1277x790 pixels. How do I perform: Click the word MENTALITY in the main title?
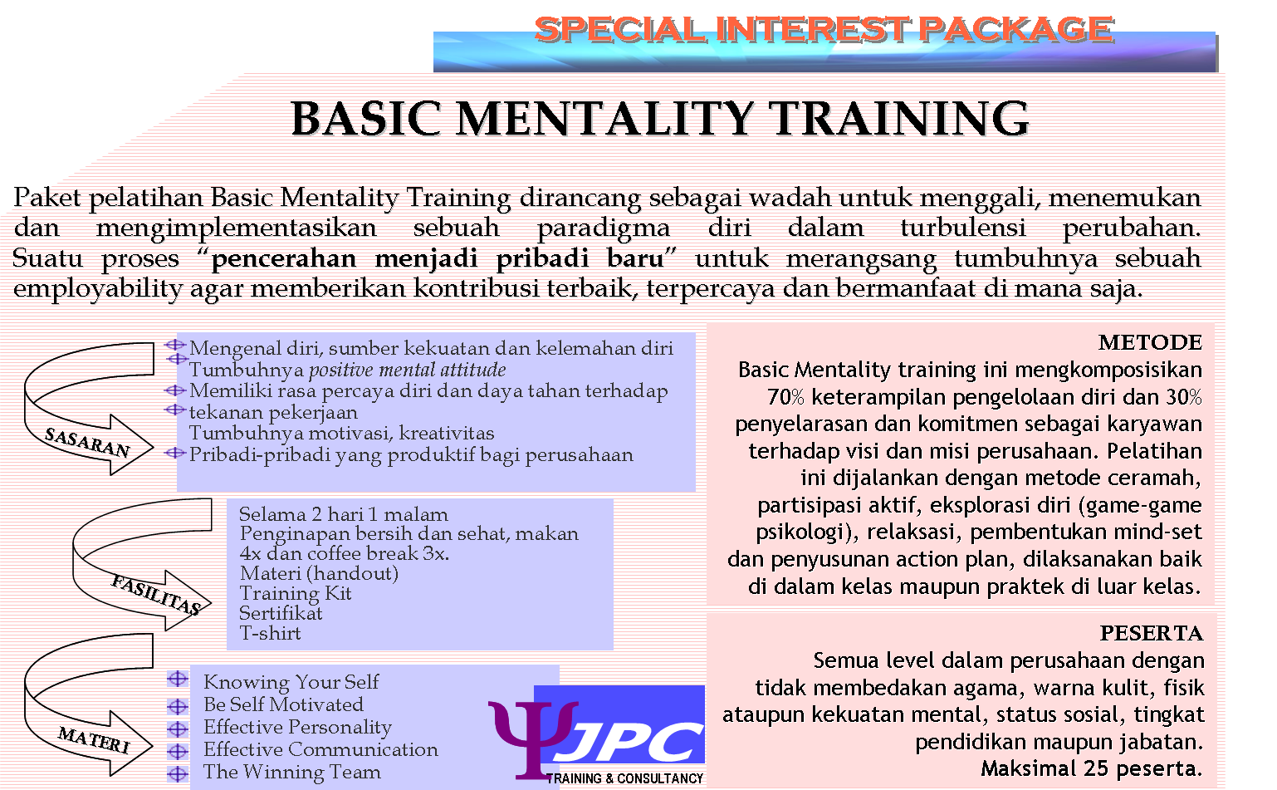tap(604, 119)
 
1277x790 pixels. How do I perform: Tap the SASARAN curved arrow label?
tap(87, 442)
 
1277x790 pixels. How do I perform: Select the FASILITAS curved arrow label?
tap(156, 595)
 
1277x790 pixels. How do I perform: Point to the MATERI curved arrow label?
tap(94, 739)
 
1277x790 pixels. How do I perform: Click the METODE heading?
tap(1150, 342)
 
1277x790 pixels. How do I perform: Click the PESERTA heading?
tap(1151, 633)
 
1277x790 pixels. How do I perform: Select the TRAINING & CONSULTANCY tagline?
tap(624, 778)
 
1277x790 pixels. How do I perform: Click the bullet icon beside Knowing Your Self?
tap(178, 680)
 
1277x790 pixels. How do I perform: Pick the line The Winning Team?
tap(291, 772)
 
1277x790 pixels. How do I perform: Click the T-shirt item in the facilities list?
tap(270, 633)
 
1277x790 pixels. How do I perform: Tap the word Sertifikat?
tap(281, 613)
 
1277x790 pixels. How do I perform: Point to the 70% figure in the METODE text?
tap(785, 397)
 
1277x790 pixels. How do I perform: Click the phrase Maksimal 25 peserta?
tap(1091, 768)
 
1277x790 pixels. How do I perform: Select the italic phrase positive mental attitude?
tap(407, 370)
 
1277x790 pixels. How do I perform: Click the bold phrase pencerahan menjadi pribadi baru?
tap(438, 258)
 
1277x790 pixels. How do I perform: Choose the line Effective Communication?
tap(320, 749)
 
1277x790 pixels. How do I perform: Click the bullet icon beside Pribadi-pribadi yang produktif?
tap(174, 454)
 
